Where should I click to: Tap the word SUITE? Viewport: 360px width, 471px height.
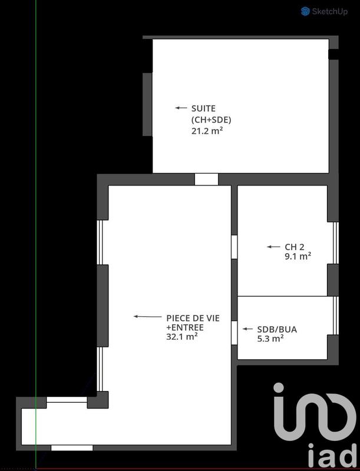point(203,108)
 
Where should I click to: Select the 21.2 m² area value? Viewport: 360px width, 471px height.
point(206,131)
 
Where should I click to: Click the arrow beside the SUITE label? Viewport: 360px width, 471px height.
point(181,108)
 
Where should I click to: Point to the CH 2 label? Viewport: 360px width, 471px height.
point(294,247)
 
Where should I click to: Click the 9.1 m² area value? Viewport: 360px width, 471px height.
point(298,256)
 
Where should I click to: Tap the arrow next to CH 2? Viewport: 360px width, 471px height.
point(273,247)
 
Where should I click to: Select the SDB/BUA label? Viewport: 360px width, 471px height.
point(277,329)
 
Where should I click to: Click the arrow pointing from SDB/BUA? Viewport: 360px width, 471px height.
point(246,329)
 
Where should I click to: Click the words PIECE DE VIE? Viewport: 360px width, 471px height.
point(192,318)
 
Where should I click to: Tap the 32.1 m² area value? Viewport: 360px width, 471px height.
point(181,337)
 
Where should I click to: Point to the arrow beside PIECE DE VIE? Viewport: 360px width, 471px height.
point(147,317)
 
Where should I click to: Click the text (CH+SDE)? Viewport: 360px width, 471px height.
point(210,120)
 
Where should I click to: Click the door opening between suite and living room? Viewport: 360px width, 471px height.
point(206,180)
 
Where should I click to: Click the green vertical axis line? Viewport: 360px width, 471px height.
point(36,235)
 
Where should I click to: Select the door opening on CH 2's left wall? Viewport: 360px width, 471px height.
point(234,247)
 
